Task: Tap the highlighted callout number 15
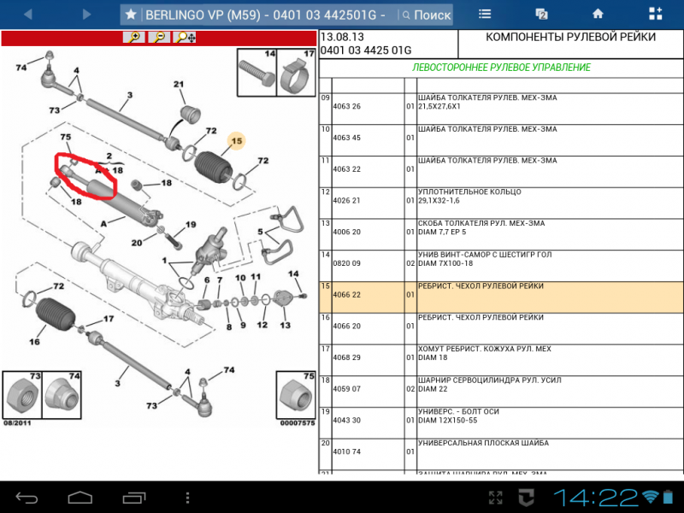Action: tap(237, 141)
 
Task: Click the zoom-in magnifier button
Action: tap(134, 37)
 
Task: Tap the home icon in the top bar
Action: tap(598, 14)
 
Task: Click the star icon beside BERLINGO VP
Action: tap(131, 15)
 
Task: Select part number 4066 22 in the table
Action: tap(347, 295)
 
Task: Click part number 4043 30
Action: tap(347, 421)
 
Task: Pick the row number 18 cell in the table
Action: tap(326, 380)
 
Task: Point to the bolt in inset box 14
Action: tap(257, 74)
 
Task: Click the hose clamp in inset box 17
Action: tap(296, 76)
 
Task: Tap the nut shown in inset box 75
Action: tap(296, 396)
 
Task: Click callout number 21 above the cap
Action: tap(179, 84)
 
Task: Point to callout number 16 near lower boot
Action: tap(34, 342)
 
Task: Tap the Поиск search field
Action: tap(425, 15)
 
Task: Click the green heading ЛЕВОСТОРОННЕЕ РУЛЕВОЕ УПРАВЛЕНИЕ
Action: tap(501, 68)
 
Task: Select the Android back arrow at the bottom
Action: tap(27, 498)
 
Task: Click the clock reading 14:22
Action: tap(596, 498)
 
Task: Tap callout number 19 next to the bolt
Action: tap(191, 225)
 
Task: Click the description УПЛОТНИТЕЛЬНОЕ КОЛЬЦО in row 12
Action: tap(469, 192)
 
